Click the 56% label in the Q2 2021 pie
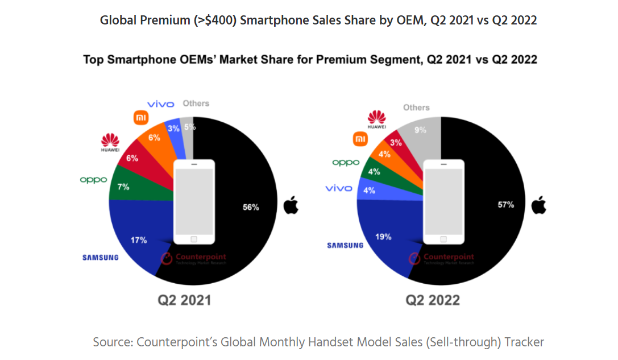pos(251,208)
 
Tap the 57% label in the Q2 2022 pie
pos(505,205)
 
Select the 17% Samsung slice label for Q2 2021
pos(138,240)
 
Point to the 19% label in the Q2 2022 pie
pos(383,237)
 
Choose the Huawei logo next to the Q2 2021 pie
pos(110,143)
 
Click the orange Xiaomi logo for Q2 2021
pos(140,118)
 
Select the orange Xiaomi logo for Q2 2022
pos(361,138)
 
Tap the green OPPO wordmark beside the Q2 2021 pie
pos(93,180)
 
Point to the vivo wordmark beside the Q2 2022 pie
pos(339,188)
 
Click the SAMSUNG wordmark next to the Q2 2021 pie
pos(101,257)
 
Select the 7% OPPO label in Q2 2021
pos(123,187)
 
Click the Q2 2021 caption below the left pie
pos(184,300)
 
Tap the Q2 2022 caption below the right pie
pos(433,300)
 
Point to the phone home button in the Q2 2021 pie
pos(194,239)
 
